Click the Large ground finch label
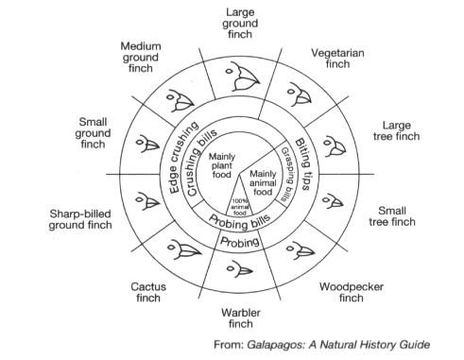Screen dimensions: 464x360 click(240, 24)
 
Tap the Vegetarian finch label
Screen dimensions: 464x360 click(337, 59)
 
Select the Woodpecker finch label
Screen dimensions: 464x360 click(352, 292)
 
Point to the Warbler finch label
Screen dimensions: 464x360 click(241, 318)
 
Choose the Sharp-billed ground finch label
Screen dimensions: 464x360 click(80, 219)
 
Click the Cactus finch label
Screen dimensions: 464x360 click(148, 292)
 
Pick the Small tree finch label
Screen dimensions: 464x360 click(392, 216)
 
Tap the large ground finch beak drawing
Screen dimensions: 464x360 click(243, 77)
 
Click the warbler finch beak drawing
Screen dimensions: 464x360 click(240, 268)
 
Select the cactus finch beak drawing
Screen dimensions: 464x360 click(183, 249)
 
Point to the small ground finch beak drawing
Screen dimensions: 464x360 click(147, 145)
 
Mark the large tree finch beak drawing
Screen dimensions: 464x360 click(335, 146)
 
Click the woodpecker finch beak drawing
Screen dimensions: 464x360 click(301, 250)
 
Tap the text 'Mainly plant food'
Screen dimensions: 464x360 click(222, 165)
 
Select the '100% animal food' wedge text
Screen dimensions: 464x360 click(240, 207)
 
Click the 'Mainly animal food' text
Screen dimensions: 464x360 click(263, 182)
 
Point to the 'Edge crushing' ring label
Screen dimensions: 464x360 click(182, 157)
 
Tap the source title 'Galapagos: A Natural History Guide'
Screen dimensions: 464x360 click(338, 344)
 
